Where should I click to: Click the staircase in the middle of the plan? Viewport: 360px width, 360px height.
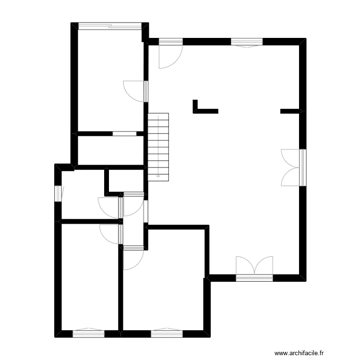(159, 144)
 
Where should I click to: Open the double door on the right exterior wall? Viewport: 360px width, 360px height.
(291, 167)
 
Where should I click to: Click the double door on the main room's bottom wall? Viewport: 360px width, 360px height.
(254, 267)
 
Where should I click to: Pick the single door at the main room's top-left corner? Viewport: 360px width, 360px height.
(170, 54)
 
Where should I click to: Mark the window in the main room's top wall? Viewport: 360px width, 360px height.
(247, 42)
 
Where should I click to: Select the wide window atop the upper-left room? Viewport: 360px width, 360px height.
(110, 26)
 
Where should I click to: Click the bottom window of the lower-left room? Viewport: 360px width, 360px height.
(88, 332)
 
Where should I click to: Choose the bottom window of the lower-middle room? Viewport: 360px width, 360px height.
(167, 332)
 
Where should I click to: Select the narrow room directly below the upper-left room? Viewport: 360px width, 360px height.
(110, 151)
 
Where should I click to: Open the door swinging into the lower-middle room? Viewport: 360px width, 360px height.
(132, 259)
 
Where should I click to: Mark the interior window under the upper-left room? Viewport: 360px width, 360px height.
(124, 133)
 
